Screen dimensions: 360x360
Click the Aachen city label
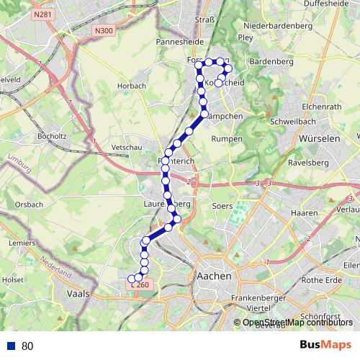pos(214,276)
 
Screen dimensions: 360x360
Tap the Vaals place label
pos(76,294)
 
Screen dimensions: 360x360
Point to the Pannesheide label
pos(176,42)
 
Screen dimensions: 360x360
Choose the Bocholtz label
pos(53,135)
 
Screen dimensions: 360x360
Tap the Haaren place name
pos(306,213)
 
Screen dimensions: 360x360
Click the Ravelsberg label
pos(308,163)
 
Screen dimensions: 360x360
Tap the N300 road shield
pos(104,30)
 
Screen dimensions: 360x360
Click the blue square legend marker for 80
pos(12,346)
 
